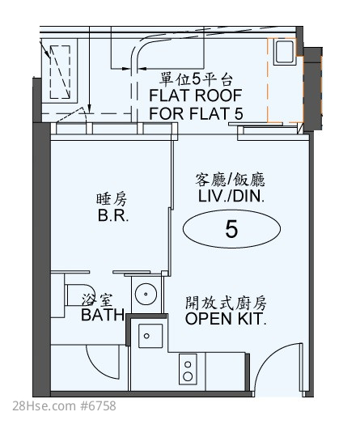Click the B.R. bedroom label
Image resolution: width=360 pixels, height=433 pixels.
(x=113, y=215)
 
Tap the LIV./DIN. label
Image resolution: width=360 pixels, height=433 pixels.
(x=231, y=196)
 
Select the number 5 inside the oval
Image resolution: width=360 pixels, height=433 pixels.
(x=231, y=229)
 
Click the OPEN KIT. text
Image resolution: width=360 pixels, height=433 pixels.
(x=226, y=318)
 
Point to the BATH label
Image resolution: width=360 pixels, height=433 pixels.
(x=104, y=315)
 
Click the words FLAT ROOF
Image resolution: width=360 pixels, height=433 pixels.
(x=196, y=96)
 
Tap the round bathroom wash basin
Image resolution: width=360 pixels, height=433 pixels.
(x=146, y=294)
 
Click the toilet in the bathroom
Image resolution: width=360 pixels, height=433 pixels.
(x=75, y=295)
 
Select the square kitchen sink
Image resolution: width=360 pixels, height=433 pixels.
(x=150, y=336)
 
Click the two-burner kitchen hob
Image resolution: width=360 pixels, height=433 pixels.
(x=188, y=369)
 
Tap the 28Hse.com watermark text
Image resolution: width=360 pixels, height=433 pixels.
(x=44, y=406)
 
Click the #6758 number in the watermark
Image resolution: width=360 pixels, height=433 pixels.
(x=98, y=406)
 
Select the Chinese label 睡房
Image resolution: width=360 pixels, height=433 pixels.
(x=112, y=199)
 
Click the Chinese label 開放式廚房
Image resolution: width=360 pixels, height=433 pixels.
(x=226, y=303)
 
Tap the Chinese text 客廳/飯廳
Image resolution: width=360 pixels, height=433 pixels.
(x=230, y=180)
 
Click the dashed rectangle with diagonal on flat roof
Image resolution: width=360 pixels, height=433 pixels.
(x=60, y=72)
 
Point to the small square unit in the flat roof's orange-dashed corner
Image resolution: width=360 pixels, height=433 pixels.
(x=284, y=52)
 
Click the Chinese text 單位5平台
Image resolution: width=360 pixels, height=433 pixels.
(x=197, y=79)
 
